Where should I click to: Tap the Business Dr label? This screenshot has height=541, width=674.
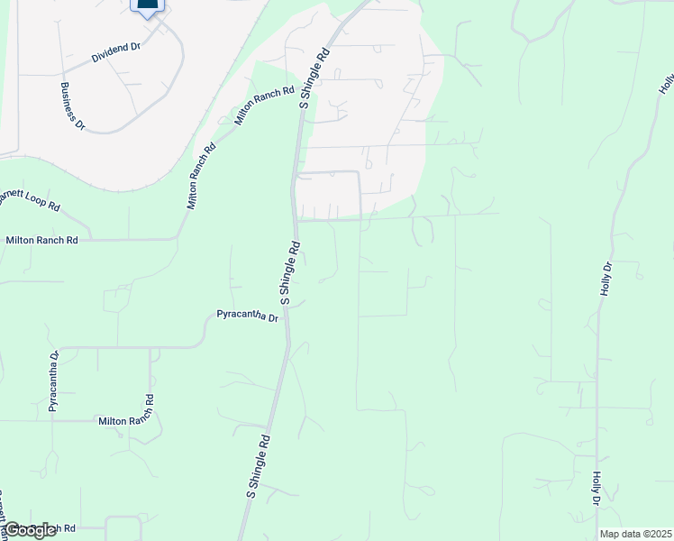coord(72,105)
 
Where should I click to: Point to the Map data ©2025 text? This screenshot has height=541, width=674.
coord(636,534)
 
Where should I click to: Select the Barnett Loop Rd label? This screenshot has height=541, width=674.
coord(27,198)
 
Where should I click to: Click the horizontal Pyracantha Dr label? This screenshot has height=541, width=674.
coord(248,316)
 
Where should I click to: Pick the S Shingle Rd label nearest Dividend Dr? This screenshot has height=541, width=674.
coord(315,79)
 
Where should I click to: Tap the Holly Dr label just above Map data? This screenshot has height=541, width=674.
coord(597,487)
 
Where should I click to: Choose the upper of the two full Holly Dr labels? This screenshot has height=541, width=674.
coord(606,280)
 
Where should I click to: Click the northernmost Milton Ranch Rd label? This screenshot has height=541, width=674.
coord(265,105)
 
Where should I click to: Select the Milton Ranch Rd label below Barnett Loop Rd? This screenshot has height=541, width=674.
coord(41,241)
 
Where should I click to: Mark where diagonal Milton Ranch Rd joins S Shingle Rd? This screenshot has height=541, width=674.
coord(301,106)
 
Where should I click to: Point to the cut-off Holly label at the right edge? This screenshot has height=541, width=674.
coord(666,84)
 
